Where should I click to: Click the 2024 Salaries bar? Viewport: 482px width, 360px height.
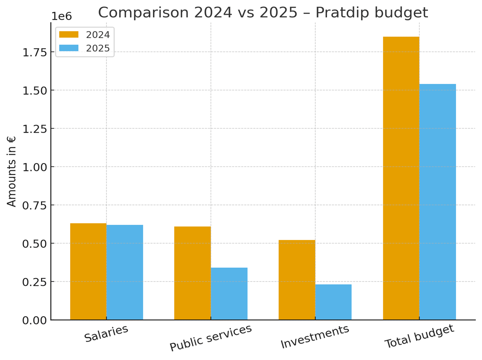pyautogui.click(x=88, y=272)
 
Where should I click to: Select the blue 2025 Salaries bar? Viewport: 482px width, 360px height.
pyautogui.click(x=125, y=272)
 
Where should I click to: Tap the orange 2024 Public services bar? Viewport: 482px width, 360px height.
pyautogui.click(x=192, y=273)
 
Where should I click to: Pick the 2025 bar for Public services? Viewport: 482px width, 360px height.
pyautogui.click(x=229, y=293)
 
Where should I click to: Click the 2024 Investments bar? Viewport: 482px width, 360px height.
pyautogui.click(x=297, y=280)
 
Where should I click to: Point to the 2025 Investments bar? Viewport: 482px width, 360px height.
pyautogui.click(x=333, y=302)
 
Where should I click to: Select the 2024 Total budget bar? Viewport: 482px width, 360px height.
pyautogui.click(x=401, y=178)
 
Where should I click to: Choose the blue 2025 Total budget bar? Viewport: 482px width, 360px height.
pyautogui.click(x=437, y=202)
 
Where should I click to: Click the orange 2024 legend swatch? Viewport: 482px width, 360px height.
pyautogui.click(x=69, y=34)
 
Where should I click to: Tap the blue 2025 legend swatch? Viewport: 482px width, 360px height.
pyautogui.click(x=69, y=48)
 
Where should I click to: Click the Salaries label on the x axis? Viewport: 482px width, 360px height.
pyautogui.click(x=106, y=333)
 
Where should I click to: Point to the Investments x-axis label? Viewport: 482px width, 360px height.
pyautogui.click(x=315, y=337)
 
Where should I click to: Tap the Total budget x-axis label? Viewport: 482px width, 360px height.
pyautogui.click(x=419, y=336)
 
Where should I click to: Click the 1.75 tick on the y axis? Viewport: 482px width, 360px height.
pyautogui.click(x=35, y=52)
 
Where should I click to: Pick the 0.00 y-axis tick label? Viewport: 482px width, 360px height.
pyautogui.click(x=35, y=320)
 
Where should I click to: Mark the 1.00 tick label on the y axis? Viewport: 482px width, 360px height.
pyautogui.click(x=35, y=167)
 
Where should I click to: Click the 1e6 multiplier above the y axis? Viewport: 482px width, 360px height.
pyautogui.click(x=61, y=16)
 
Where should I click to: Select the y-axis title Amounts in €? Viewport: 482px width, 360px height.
pyautogui.click(x=11, y=171)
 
